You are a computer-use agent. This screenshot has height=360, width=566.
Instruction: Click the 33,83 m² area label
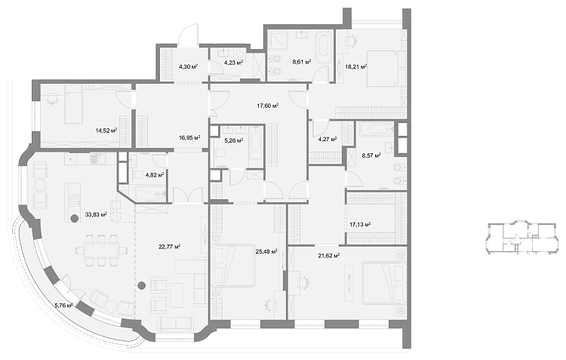pos(96,214)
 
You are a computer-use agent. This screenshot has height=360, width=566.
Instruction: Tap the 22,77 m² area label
pos(170,247)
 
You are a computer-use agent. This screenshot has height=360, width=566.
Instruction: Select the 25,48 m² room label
pos(266,251)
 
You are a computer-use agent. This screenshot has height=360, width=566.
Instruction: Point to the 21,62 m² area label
pos(329,256)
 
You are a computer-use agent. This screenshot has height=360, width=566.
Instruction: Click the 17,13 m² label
pos(360,225)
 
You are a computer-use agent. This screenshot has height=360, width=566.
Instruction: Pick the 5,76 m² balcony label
pos(64,306)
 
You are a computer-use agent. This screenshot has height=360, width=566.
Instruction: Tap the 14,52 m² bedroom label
pos(106,131)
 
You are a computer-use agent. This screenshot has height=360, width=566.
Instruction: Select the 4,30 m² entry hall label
pos(188,66)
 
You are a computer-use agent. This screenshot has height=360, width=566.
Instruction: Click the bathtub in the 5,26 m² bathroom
pos(256,143)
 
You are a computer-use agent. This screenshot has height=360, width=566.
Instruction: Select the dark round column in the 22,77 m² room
pos(142,286)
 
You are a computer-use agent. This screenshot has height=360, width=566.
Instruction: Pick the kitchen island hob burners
pos(75,201)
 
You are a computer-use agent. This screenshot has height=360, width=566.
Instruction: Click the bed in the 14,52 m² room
pos(73,104)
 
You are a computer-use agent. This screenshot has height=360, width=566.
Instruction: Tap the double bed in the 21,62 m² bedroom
pos(384,282)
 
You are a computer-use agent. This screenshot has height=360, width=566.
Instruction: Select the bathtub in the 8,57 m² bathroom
pos(376,129)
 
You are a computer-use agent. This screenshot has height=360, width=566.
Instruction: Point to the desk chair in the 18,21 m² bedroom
pos(349,42)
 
